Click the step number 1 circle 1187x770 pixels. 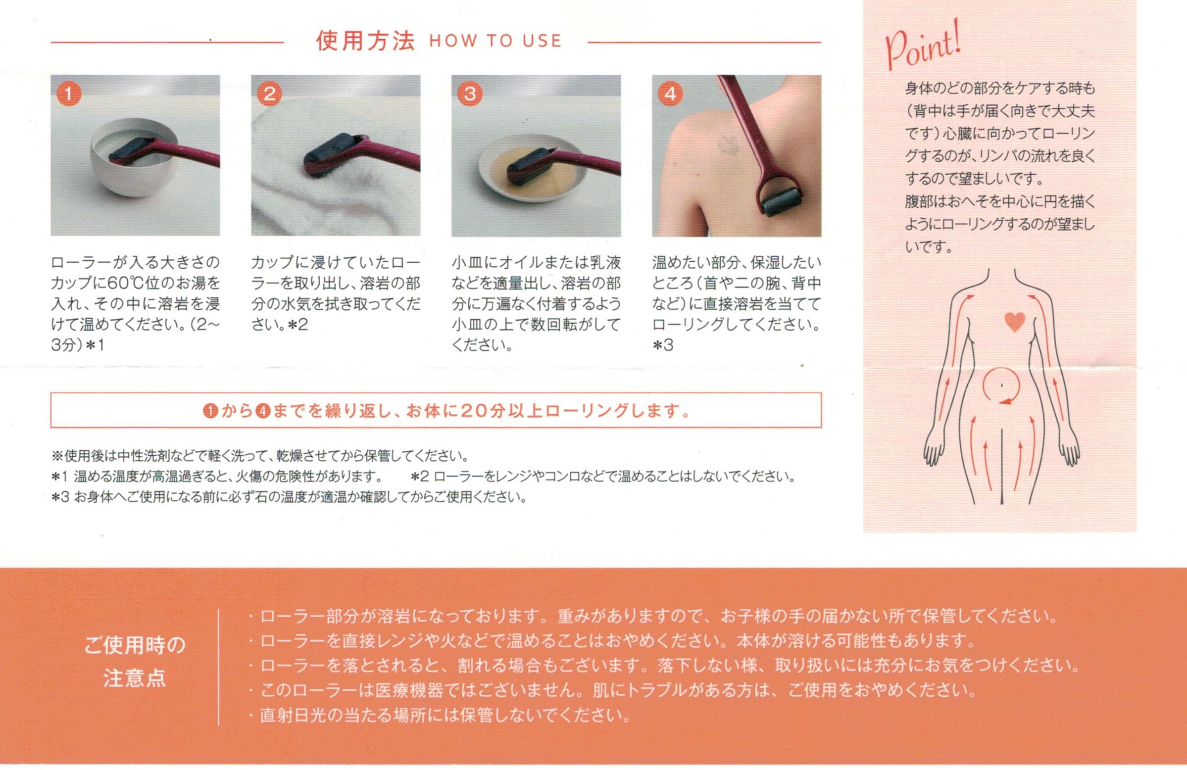(69, 94)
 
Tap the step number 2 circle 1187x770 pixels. (269, 94)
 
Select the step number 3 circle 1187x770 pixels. (470, 94)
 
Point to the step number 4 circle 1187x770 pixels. (670, 94)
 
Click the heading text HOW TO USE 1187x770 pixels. (495, 41)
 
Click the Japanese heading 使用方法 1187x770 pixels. (365, 41)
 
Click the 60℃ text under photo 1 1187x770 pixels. (125, 283)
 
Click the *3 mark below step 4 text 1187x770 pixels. (663, 345)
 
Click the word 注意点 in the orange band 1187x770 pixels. (134, 678)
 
